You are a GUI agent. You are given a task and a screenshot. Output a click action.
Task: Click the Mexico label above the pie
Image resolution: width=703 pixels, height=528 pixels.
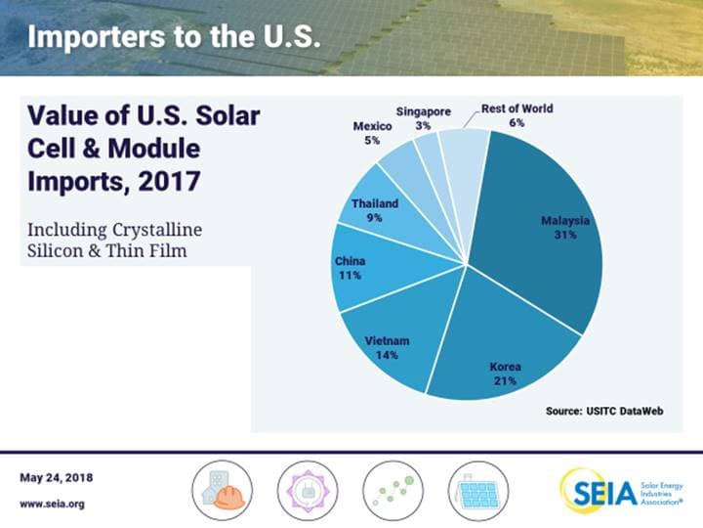pyautogui.click(x=372, y=126)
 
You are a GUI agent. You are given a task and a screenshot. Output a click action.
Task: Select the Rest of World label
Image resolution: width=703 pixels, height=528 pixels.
pyautogui.click(x=517, y=109)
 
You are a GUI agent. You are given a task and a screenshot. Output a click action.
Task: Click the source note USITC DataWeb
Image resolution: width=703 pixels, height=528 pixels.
pyautogui.click(x=604, y=412)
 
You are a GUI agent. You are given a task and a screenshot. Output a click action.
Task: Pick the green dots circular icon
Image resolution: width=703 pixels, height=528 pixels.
pyautogui.click(x=392, y=489)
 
